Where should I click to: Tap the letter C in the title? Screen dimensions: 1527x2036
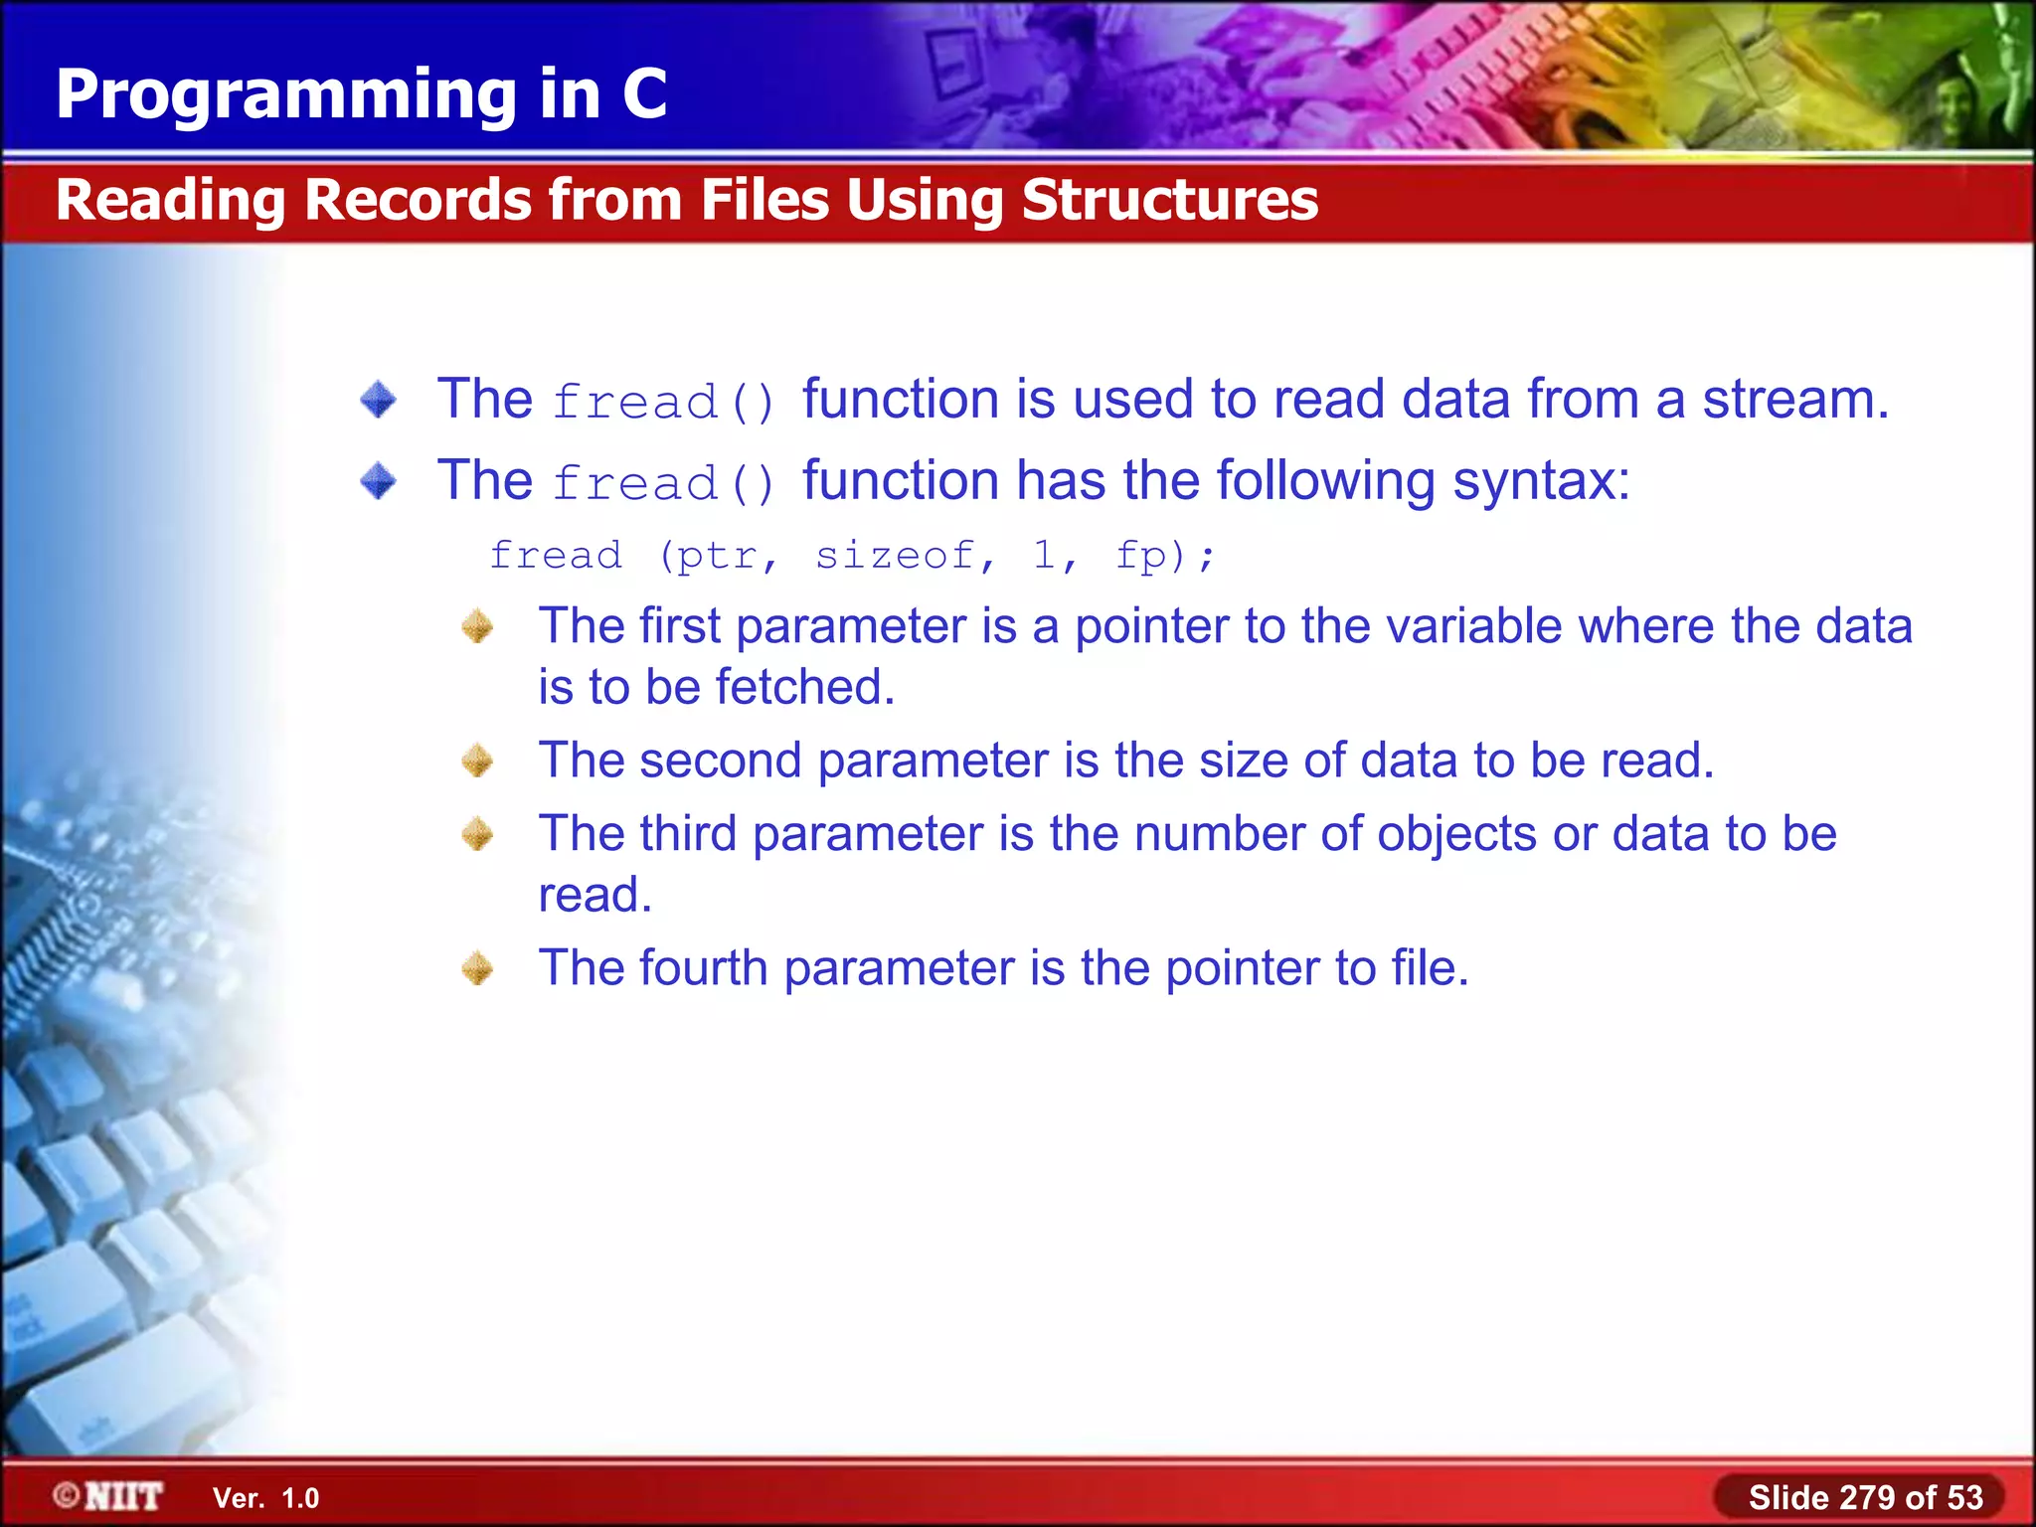(x=644, y=94)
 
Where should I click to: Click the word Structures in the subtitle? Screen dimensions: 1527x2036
(x=1169, y=200)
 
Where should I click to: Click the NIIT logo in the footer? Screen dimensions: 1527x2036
(x=109, y=1496)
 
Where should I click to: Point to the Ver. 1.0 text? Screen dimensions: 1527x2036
(x=265, y=1498)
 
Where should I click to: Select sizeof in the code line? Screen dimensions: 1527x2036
(x=895, y=555)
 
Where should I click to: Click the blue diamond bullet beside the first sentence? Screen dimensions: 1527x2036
(x=378, y=400)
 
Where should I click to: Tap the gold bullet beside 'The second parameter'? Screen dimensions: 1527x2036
(x=477, y=762)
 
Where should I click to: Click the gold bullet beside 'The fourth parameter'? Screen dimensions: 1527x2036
(x=477, y=968)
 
